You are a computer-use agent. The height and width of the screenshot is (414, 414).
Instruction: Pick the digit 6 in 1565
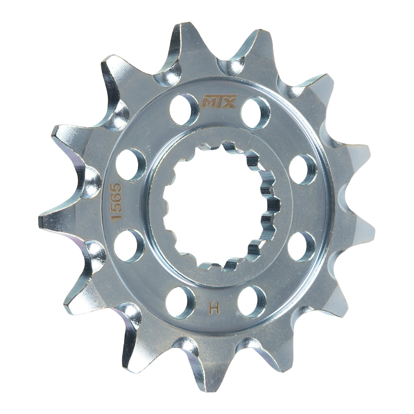tap(115, 198)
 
